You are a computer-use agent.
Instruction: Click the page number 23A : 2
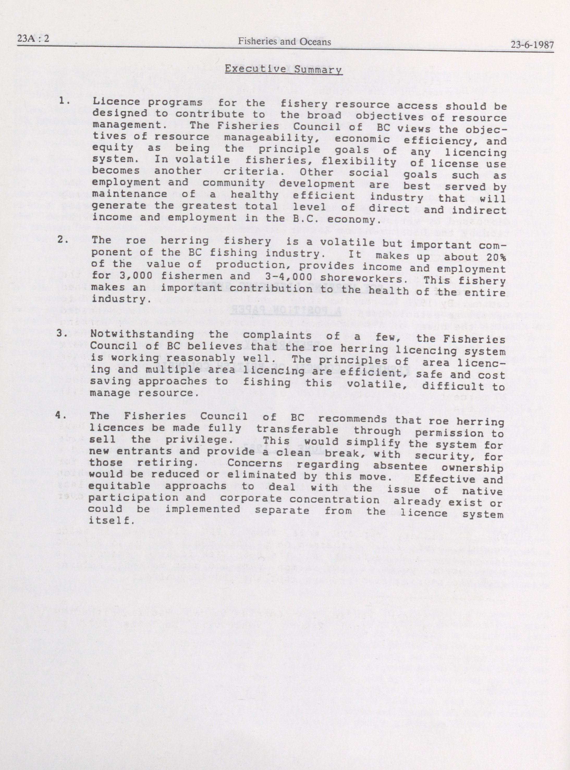[x=33, y=39]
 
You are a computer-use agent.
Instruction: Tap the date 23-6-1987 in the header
[x=532, y=45]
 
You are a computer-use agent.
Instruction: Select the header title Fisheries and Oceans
[x=284, y=42]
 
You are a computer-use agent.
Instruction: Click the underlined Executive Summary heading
[x=283, y=69]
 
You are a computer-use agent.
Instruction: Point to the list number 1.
[x=65, y=101]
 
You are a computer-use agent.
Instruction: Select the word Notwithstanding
[x=142, y=334]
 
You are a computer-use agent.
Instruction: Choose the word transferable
[x=297, y=430]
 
